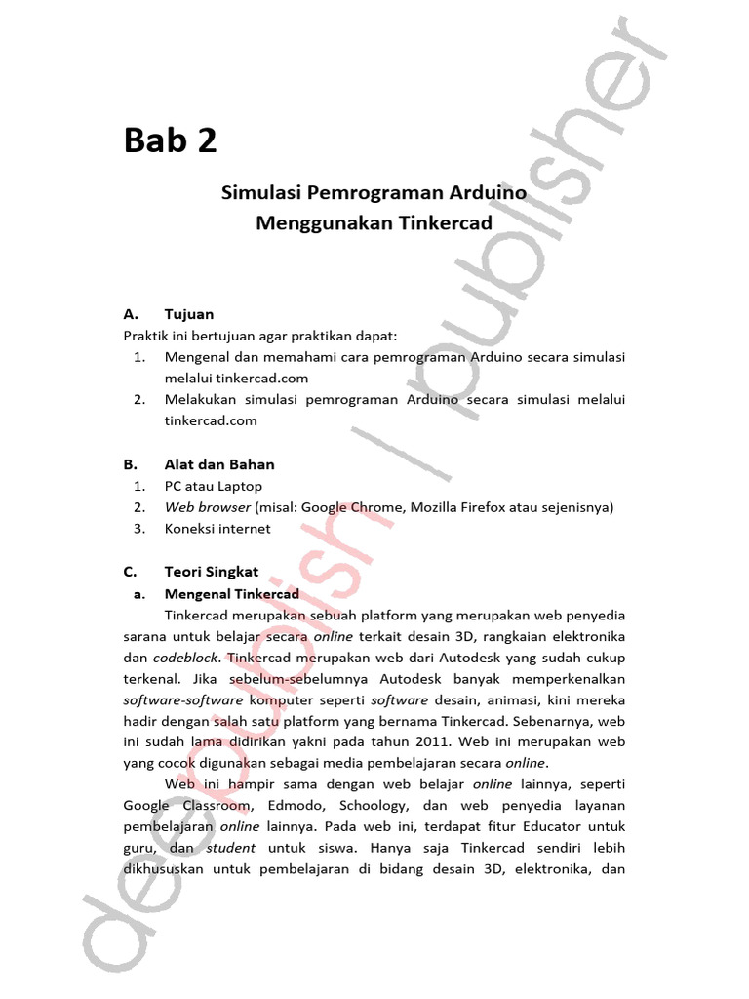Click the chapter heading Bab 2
pos(170,141)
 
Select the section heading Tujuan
pos(189,314)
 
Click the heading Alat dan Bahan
pos(219,464)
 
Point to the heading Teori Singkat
pos(212,572)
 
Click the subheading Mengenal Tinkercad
pos(231,593)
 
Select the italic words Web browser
pos(207,507)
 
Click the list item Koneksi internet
pos(217,529)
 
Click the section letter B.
pos(129,464)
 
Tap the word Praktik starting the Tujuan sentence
pos(145,336)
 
